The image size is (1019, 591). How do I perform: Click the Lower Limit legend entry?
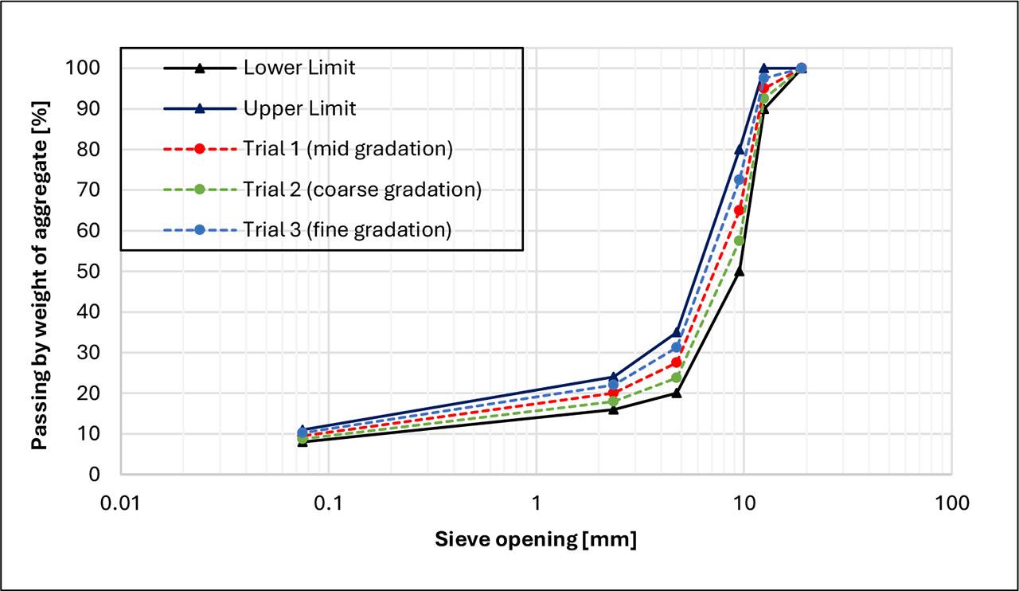[x=299, y=68]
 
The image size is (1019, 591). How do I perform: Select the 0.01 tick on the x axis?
[x=121, y=503]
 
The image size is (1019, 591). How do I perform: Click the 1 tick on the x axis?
[x=536, y=503]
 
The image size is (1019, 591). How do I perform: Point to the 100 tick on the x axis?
[x=951, y=503]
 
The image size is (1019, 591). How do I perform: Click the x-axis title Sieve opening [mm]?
[x=536, y=540]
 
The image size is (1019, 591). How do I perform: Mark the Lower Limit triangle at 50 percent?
[x=740, y=272]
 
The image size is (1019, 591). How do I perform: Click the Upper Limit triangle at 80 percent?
[x=740, y=150]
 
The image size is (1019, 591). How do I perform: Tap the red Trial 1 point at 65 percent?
[x=740, y=211]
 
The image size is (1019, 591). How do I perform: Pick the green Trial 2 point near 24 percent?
[x=677, y=378]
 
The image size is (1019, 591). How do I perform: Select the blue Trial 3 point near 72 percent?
[x=740, y=180]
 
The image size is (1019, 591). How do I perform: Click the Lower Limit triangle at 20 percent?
[x=677, y=393]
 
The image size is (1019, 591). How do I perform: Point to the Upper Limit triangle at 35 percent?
[x=677, y=332]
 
